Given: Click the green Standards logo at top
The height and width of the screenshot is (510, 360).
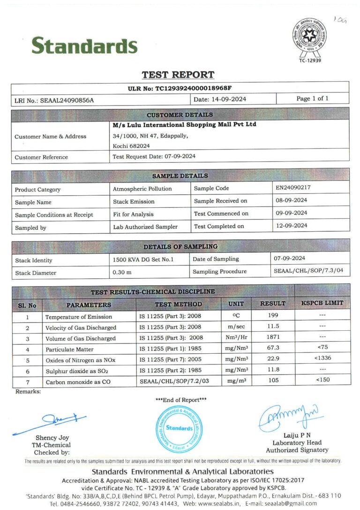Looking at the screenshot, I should [x=84, y=46].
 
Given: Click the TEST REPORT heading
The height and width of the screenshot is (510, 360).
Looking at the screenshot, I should [x=178, y=75].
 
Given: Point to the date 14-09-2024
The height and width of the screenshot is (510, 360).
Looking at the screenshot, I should [x=226, y=99].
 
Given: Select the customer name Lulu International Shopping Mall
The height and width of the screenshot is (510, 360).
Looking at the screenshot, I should [x=185, y=125].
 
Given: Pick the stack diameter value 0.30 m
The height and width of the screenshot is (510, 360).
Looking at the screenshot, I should [x=122, y=272].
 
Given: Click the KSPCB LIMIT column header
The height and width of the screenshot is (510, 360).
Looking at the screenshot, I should [x=322, y=304].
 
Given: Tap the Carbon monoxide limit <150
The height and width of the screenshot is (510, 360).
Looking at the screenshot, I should [x=322, y=380].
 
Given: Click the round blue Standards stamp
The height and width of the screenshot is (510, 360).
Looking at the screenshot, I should [x=179, y=428].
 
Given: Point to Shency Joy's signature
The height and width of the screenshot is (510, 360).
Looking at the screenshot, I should [x=52, y=420].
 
